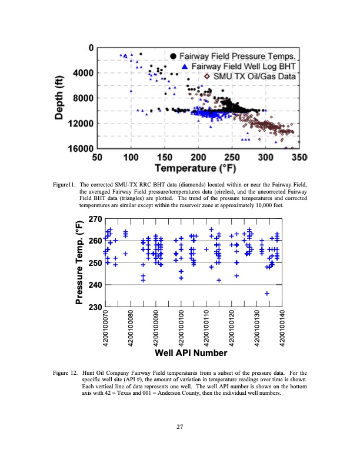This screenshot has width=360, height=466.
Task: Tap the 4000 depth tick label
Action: click(x=82, y=72)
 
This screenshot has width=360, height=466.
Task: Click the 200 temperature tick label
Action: click(x=198, y=158)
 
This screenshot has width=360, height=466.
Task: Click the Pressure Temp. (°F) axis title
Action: click(x=80, y=262)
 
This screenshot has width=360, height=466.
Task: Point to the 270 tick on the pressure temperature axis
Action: click(x=94, y=219)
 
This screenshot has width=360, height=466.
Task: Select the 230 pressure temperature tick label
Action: click(x=94, y=307)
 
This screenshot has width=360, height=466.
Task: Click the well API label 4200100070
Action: click(x=106, y=328)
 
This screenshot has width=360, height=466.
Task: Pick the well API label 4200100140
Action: click(x=283, y=328)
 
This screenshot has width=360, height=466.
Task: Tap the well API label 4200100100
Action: click(x=182, y=328)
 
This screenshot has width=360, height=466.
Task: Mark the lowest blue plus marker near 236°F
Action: click(x=267, y=293)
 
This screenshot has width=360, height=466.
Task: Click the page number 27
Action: click(x=180, y=427)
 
